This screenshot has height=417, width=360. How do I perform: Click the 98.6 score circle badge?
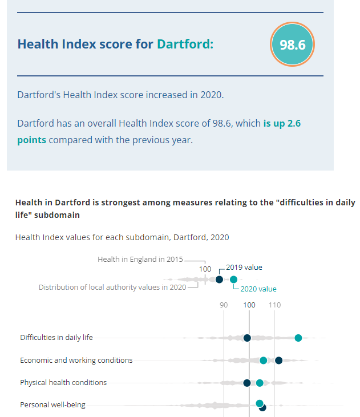(x=292, y=44)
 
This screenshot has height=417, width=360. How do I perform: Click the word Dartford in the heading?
(x=185, y=44)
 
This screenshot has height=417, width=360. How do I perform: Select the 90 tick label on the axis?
(x=224, y=305)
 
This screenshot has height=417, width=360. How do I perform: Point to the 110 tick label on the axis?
(x=274, y=305)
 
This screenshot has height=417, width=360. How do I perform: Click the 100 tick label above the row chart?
(x=249, y=305)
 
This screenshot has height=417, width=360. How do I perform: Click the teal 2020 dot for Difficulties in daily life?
(x=298, y=338)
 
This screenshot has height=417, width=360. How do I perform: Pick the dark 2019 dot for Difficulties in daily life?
(x=247, y=338)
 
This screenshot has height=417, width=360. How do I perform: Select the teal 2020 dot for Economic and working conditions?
(x=263, y=360)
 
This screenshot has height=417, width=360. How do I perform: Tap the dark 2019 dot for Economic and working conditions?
(x=278, y=360)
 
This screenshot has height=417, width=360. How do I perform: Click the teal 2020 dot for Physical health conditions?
(x=260, y=383)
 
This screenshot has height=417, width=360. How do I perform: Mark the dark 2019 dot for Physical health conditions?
(x=247, y=383)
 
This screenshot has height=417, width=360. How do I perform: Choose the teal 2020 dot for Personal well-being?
(x=260, y=403)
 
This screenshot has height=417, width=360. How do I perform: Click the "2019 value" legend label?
(x=244, y=267)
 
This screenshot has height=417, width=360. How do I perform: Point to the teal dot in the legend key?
(x=233, y=279)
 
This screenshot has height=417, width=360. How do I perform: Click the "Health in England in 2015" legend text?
(x=140, y=259)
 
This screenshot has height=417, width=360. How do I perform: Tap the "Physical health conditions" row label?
(x=63, y=383)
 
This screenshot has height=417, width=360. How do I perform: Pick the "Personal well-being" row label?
(x=52, y=405)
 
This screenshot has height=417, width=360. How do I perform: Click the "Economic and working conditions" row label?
(x=76, y=360)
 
